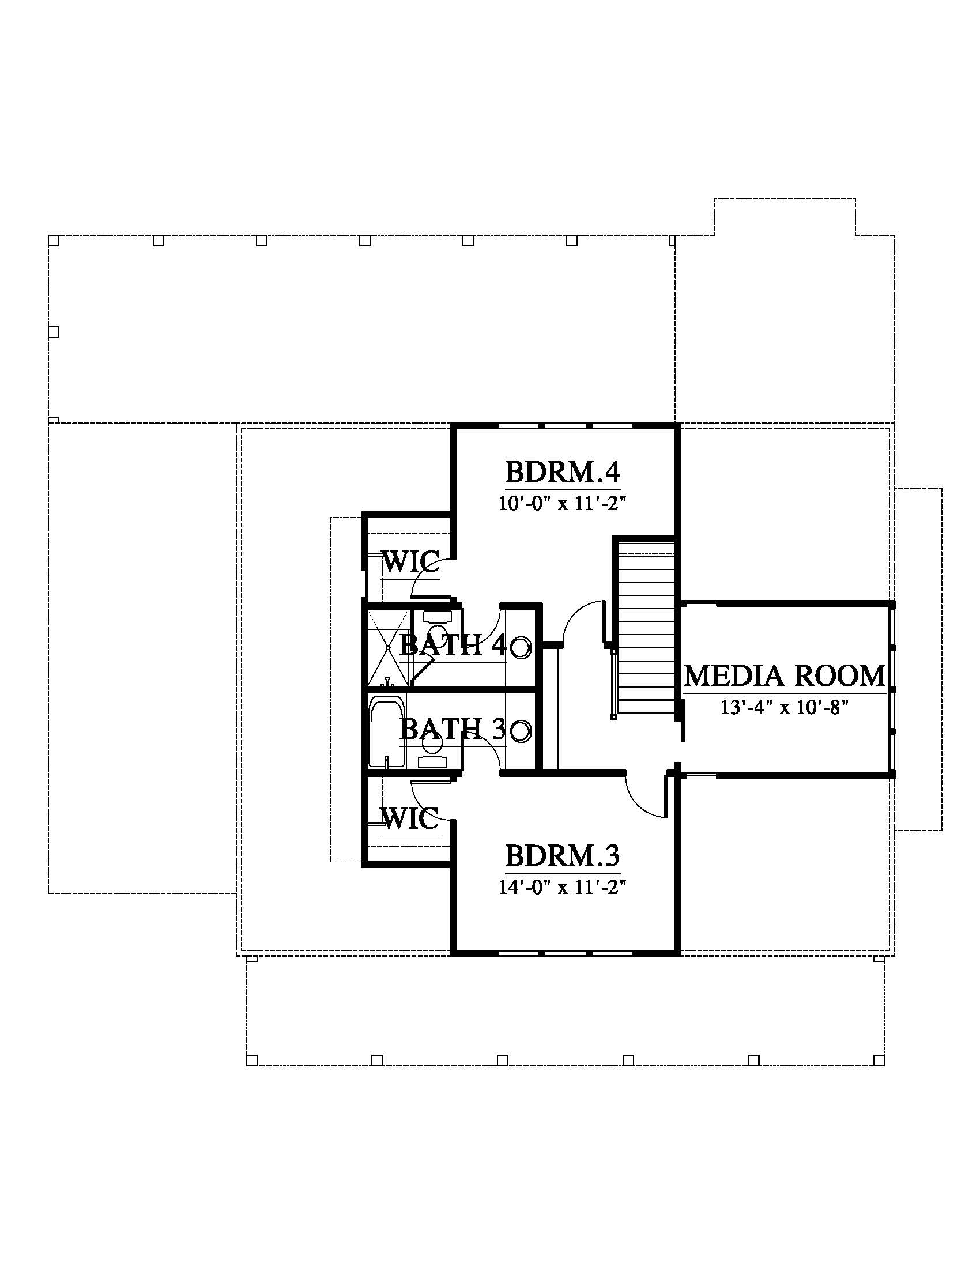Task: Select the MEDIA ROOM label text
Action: (785, 676)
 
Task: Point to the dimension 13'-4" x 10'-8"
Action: (785, 708)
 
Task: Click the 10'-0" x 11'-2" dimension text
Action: (563, 503)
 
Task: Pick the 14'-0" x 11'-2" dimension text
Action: (563, 887)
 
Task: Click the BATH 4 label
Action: (454, 644)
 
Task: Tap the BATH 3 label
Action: (453, 729)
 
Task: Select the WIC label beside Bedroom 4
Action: (410, 561)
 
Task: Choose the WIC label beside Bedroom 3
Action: (410, 818)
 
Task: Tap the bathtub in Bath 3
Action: (387, 733)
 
